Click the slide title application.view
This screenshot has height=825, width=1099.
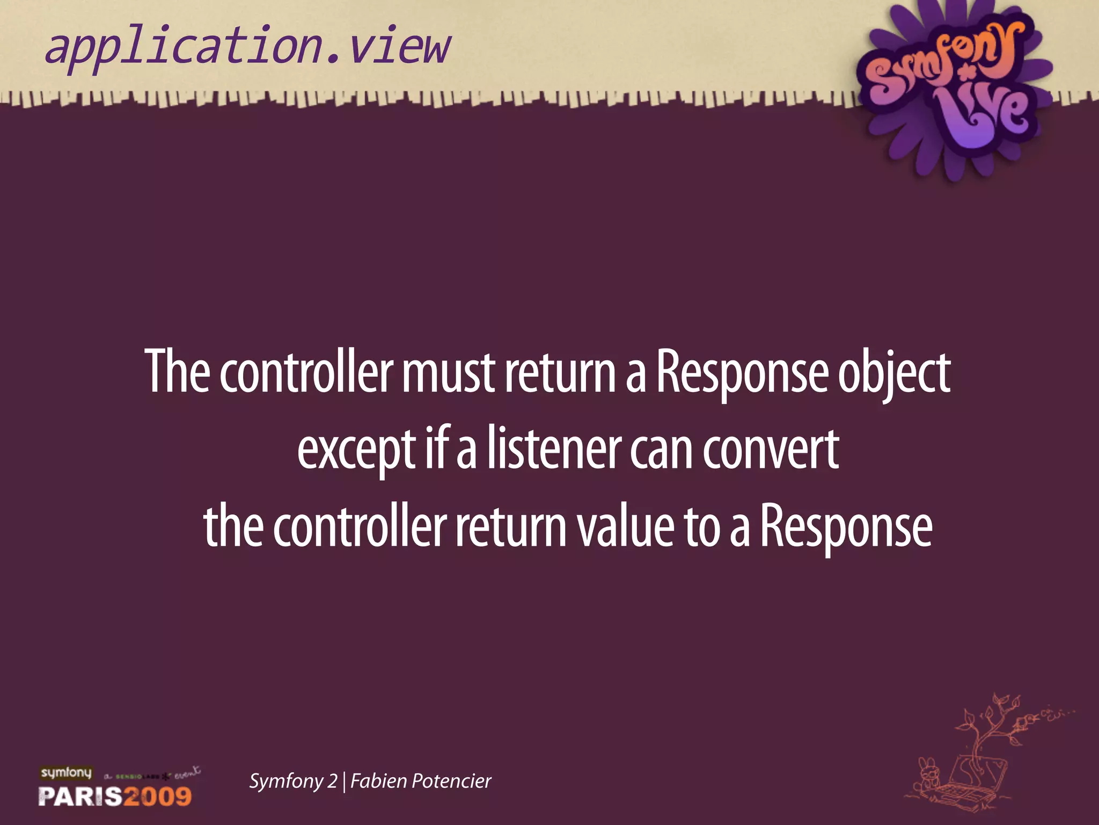(x=247, y=48)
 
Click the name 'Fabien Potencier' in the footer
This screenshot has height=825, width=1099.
(x=421, y=781)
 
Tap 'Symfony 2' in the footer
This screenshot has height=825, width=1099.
(x=293, y=781)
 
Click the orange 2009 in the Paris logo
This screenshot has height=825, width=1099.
(x=158, y=795)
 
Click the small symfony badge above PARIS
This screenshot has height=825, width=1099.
(x=67, y=773)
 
